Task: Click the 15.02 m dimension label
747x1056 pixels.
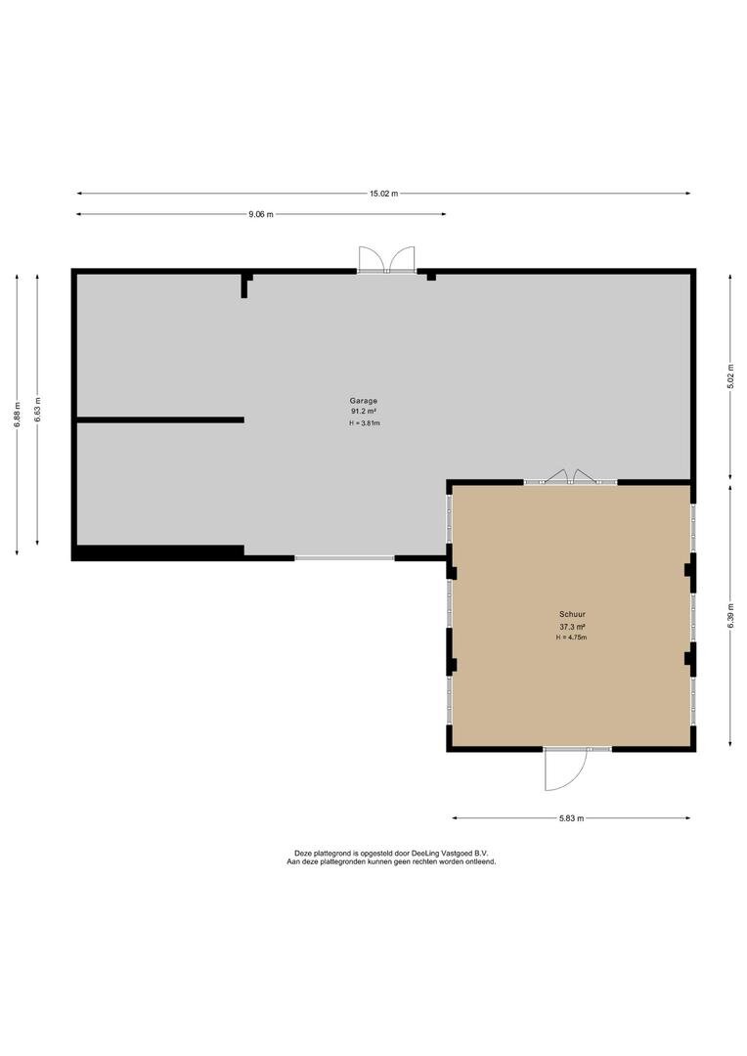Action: pos(383,194)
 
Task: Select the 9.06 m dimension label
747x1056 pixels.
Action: pos(261,214)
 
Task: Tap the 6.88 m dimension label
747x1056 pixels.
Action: pos(17,415)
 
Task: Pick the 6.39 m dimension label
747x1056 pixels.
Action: pos(730,616)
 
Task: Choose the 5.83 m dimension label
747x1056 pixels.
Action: pos(571,818)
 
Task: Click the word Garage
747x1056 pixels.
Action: pos(363,400)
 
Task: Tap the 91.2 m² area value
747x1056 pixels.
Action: pos(363,411)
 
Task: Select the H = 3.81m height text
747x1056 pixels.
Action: pos(365,423)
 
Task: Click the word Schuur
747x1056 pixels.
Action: pos(572,614)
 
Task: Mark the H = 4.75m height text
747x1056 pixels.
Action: pos(571,638)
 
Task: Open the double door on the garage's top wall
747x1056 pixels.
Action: pos(386,260)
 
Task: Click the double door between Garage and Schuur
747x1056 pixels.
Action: pos(571,477)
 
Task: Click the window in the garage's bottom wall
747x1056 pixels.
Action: pos(344,557)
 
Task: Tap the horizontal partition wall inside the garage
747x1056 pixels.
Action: pos(160,420)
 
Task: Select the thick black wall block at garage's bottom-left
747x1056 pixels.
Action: pos(157,552)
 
